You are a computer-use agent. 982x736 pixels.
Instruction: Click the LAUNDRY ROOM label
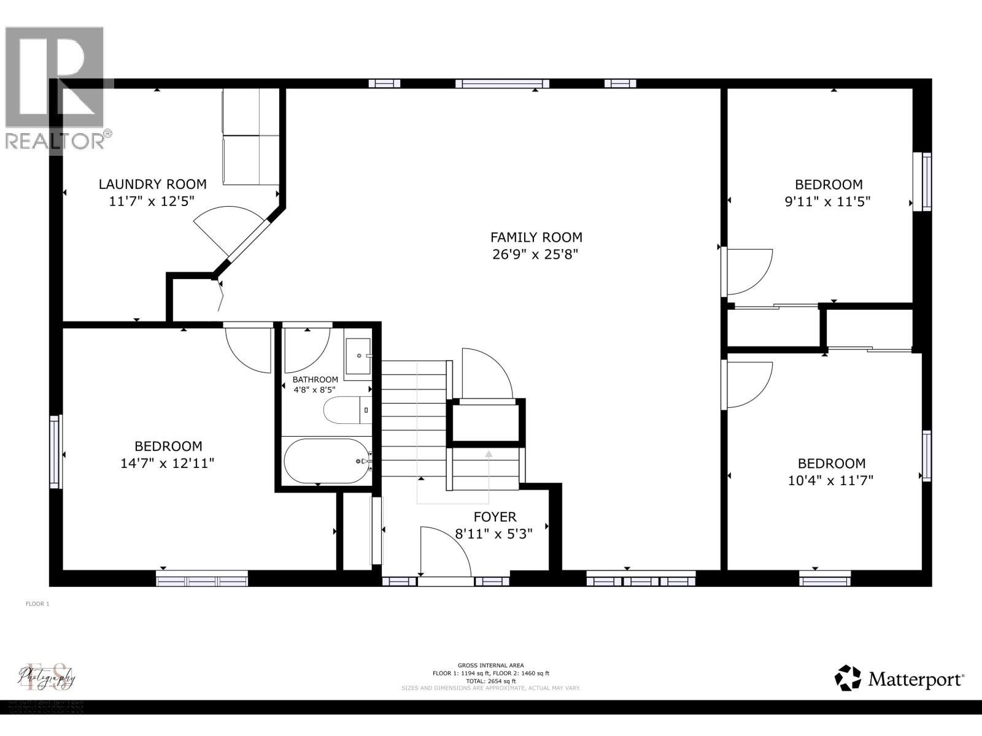[153, 184]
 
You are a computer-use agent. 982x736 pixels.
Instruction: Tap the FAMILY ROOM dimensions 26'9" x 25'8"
[536, 254]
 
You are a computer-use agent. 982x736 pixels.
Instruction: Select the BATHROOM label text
[315, 380]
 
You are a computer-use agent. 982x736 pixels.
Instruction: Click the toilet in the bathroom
[347, 410]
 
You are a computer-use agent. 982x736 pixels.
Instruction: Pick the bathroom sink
[358, 356]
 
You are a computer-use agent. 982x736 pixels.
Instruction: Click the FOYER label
[495, 517]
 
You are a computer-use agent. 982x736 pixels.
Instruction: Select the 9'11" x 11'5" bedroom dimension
[828, 201]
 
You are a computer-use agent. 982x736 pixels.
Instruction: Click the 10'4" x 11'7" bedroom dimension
[830, 480]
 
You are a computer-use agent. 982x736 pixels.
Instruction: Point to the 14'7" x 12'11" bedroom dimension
[168, 463]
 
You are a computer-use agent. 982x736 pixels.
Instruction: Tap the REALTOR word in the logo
[55, 141]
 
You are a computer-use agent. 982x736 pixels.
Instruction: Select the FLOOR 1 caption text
[37, 604]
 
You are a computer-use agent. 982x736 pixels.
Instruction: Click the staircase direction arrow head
[489, 454]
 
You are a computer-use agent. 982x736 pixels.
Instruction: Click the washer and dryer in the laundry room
[250, 136]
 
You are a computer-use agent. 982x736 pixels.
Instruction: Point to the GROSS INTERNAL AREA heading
[490, 665]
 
